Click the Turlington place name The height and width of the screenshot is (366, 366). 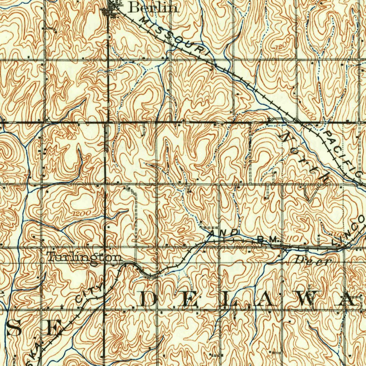coord(84,257)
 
